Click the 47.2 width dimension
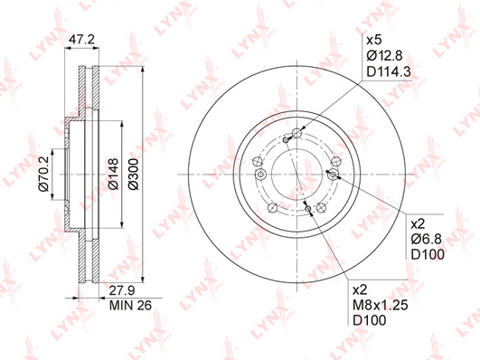(x=81, y=40)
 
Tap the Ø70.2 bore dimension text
(x=43, y=174)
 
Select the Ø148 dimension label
(x=113, y=174)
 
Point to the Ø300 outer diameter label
(x=134, y=174)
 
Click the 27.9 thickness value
(x=122, y=290)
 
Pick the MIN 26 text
(x=130, y=305)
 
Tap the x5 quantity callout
(x=374, y=40)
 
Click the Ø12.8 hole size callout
(x=384, y=56)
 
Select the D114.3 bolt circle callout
(x=389, y=72)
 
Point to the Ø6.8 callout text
(x=426, y=239)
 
